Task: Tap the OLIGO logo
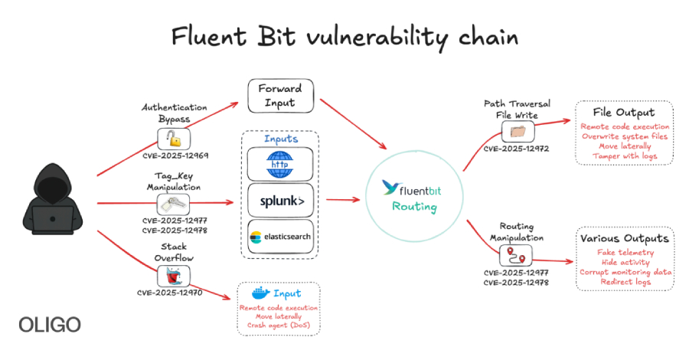49,324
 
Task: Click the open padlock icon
175,139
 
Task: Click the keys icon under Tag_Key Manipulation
174,204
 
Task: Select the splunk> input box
280,201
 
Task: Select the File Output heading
624,113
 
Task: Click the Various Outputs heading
624,238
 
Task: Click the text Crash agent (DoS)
279,325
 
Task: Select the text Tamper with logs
624,155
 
